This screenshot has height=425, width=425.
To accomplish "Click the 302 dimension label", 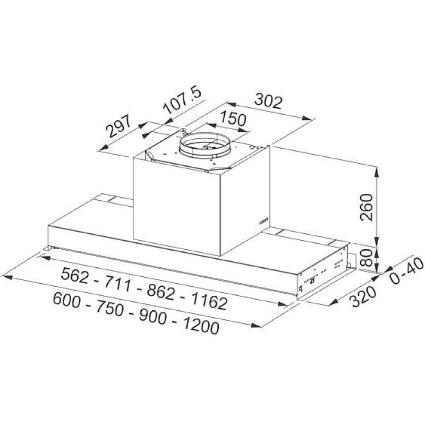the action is click(269, 101).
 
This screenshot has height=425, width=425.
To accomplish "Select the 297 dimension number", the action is click(118, 126).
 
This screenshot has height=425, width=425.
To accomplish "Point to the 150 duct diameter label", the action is click(233, 118).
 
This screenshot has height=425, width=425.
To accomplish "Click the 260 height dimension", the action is click(367, 207).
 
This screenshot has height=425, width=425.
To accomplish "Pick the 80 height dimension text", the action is click(366, 258).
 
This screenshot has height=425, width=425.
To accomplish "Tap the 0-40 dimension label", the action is click(406, 271).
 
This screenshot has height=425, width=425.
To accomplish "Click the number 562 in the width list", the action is click(75, 275).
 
